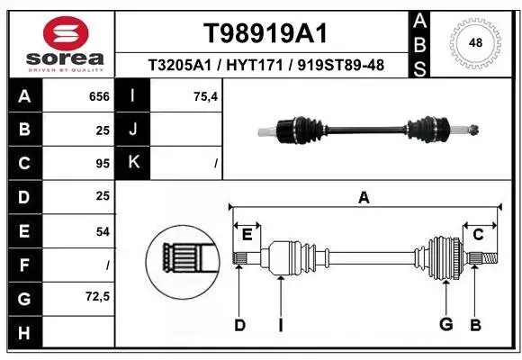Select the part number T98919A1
[264, 33]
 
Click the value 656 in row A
[99, 96]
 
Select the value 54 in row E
[102, 231]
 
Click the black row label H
[23, 332]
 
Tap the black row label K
[133, 164]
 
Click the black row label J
[133, 130]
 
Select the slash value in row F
[107, 265]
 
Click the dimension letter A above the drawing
[364, 197]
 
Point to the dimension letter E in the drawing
[247, 234]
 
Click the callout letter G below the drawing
[445, 324]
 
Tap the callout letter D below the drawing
[239, 324]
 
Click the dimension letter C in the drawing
[478, 234]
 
